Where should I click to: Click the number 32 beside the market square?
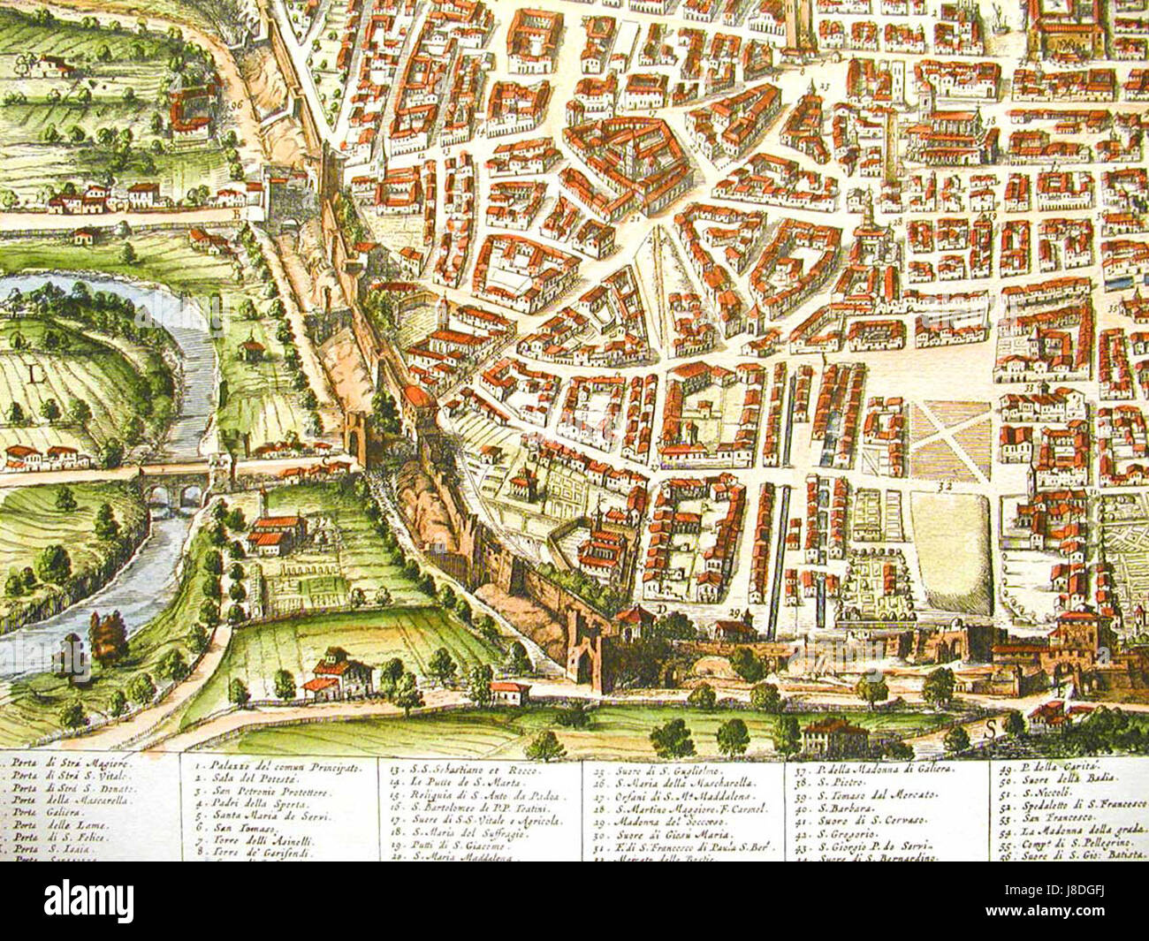[945, 486]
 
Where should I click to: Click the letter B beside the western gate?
[236, 212]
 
